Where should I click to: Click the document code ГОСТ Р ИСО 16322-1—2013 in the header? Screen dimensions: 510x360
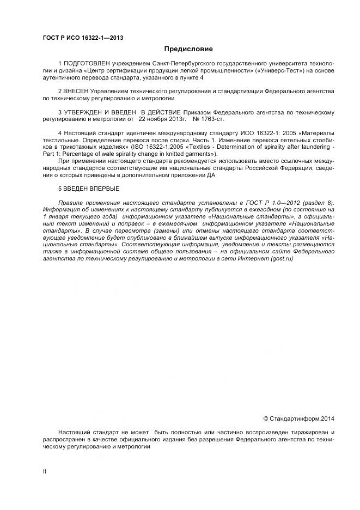point(83,38)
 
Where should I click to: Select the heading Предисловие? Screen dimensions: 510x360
point(188,49)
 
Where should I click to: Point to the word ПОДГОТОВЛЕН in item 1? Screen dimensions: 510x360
point(84,64)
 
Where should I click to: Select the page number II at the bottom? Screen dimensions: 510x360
point(45,472)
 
